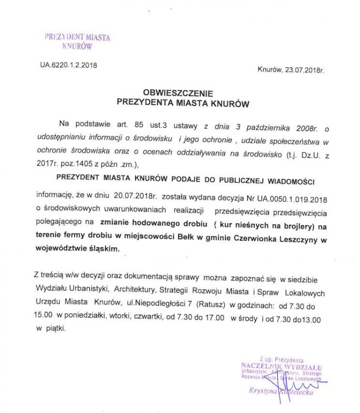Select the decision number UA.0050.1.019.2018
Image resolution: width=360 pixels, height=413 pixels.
[288, 197]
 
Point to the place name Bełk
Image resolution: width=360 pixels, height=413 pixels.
[186, 238]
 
